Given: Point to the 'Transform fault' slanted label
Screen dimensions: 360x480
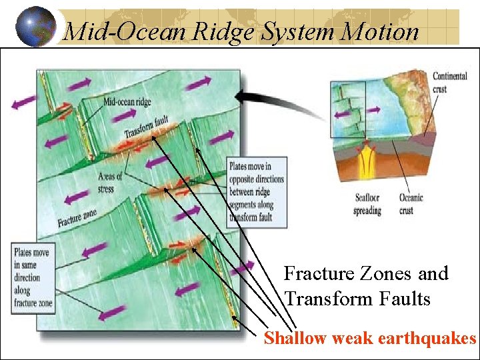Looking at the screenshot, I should (x=146, y=127).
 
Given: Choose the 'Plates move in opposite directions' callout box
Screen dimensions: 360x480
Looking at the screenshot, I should (x=257, y=191).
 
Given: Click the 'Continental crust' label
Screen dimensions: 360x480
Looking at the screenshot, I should (x=449, y=82).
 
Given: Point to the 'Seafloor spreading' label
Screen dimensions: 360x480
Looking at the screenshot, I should (x=367, y=204).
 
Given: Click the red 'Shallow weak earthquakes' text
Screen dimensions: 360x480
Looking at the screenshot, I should (x=369, y=339).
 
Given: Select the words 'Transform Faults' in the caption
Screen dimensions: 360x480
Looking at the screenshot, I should (x=357, y=299).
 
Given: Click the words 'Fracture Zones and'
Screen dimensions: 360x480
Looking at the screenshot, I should (x=365, y=273).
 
